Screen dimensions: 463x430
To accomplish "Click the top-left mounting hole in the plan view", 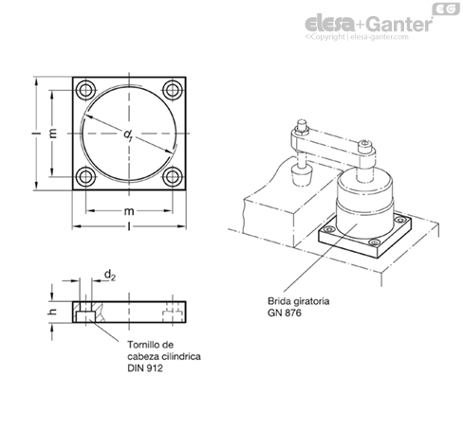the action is pos(85,90).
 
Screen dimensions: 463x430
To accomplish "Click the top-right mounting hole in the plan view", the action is pos(173,90).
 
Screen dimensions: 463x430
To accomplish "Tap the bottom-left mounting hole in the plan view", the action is pos(85,177).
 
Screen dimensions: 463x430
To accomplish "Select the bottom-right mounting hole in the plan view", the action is pos(173,177).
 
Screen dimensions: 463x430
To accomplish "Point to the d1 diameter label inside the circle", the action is pos(128,135).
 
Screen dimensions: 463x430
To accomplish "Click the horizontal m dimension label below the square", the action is pos(129,211).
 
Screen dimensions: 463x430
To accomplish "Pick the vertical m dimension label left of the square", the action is pos(53,134).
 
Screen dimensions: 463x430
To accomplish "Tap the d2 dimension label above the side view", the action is pos(110,275).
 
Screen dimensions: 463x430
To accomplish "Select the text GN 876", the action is pos(285,313).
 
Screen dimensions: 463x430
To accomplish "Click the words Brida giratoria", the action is pos(299,301).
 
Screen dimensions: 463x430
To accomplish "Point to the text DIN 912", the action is pos(145,368).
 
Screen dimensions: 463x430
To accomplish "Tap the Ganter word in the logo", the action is pos(400,24).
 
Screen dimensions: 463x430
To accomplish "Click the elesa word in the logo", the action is pos(330,24).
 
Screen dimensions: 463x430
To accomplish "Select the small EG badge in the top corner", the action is pos(446,9).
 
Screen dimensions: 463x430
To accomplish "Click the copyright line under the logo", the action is pos(357,37).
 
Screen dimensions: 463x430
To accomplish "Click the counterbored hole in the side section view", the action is pos(85,312).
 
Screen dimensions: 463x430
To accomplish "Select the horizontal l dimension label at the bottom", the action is pos(129,226).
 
